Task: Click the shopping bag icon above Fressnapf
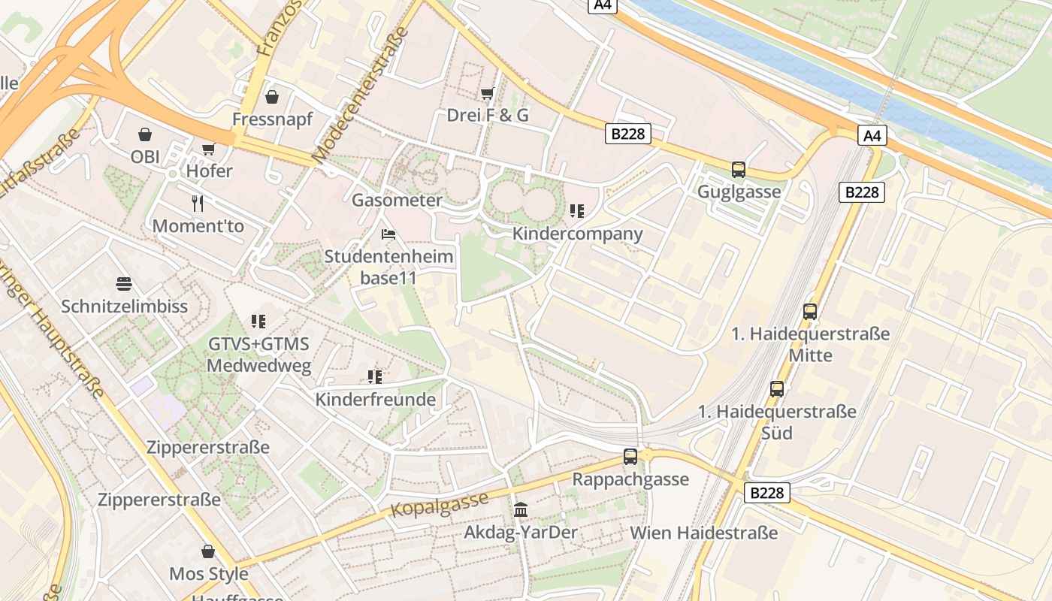pos(272,97)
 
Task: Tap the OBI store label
pos(145,157)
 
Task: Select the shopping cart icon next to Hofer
pos(208,149)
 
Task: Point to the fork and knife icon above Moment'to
pos(198,203)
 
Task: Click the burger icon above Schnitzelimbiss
pos(124,284)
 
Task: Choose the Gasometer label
pos(397,201)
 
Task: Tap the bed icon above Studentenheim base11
pos(388,234)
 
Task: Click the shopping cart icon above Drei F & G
pos(487,93)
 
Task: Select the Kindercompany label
pos(577,234)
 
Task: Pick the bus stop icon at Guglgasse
pos(739,170)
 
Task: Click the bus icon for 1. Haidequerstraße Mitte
pos(810,311)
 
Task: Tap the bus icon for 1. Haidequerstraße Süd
pos(777,389)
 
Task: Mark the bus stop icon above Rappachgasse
pos(630,456)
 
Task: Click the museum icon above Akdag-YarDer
pos(521,510)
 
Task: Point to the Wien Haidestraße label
pos(703,533)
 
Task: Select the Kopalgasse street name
pos(440,504)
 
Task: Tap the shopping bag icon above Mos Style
pos(208,551)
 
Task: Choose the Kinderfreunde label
pos(375,400)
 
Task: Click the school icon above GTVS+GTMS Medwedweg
pos(258,322)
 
